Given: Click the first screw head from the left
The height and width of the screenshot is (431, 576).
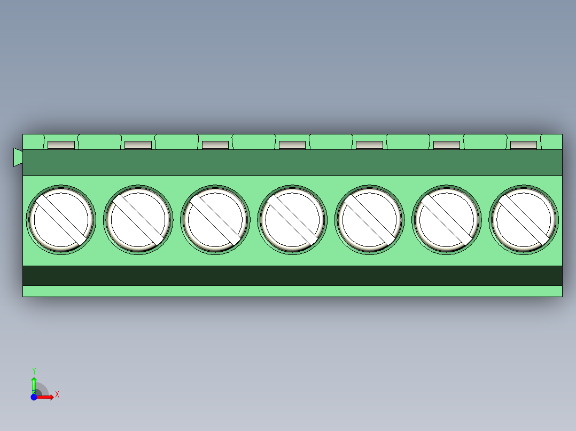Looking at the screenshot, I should [x=60, y=219].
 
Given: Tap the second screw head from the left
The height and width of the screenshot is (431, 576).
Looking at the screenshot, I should [x=138, y=219].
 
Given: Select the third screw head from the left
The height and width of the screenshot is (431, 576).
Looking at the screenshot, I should [x=215, y=219].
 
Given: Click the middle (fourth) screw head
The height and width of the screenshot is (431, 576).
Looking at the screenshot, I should [x=292, y=219].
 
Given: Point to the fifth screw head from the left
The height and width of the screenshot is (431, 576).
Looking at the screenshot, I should [x=369, y=219].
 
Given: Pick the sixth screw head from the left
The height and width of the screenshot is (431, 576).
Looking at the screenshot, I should [x=447, y=219].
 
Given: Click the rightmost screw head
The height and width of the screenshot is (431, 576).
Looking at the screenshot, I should [x=523, y=219].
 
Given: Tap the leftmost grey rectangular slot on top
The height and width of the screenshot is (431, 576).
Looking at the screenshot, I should [x=61, y=145].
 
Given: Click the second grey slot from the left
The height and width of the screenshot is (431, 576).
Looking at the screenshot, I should [x=138, y=145].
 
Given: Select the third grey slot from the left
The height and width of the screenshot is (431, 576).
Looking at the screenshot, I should [x=215, y=145].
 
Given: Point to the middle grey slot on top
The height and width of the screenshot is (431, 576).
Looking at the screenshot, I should [x=292, y=145].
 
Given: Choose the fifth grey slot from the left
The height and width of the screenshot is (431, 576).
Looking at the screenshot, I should [x=370, y=145].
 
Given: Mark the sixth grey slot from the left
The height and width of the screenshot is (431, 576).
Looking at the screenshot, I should [x=447, y=145].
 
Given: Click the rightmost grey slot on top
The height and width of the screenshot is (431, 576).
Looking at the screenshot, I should [x=524, y=145].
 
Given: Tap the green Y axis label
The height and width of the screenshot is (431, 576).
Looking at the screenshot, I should [x=34, y=371].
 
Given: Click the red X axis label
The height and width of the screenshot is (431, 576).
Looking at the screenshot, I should [x=57, y=395].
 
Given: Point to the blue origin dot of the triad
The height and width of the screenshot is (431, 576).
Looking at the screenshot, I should [x=34, y=397].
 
